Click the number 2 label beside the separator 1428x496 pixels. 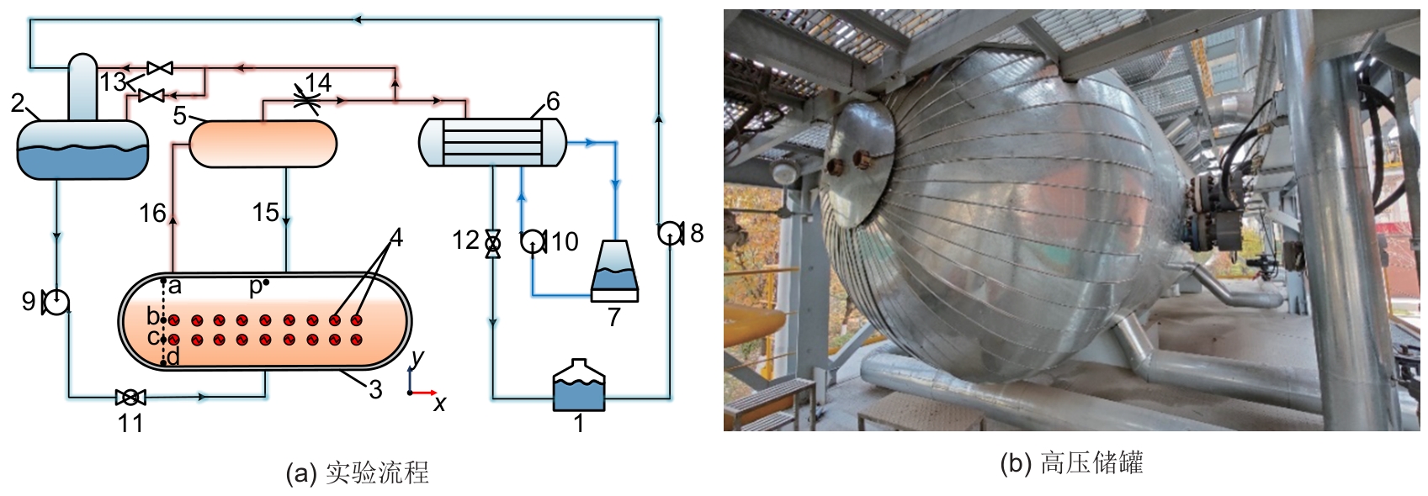18,103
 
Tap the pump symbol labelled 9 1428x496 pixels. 56,302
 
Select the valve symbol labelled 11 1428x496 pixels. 130,397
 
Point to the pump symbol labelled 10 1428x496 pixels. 533,242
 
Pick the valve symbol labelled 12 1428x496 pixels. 493,243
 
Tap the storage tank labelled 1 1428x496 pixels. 578,387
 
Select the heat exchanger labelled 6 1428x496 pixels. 492,141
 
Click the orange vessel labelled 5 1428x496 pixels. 263,144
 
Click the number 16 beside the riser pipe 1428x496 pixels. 152,214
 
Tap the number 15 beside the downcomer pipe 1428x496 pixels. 265,213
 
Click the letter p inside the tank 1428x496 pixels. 257,288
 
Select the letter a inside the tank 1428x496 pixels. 175,286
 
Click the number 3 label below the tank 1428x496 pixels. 375,389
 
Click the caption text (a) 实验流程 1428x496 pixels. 358,472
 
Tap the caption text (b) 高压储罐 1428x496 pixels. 1071,463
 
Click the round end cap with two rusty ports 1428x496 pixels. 859,162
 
